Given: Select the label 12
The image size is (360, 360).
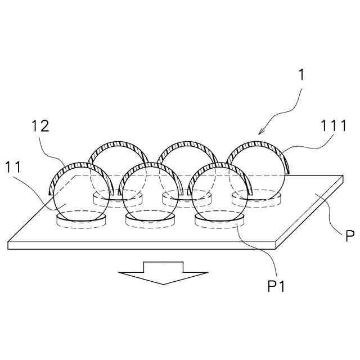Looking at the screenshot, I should (x=40, y=126).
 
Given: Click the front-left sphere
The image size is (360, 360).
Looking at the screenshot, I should (x=79, y=194).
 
